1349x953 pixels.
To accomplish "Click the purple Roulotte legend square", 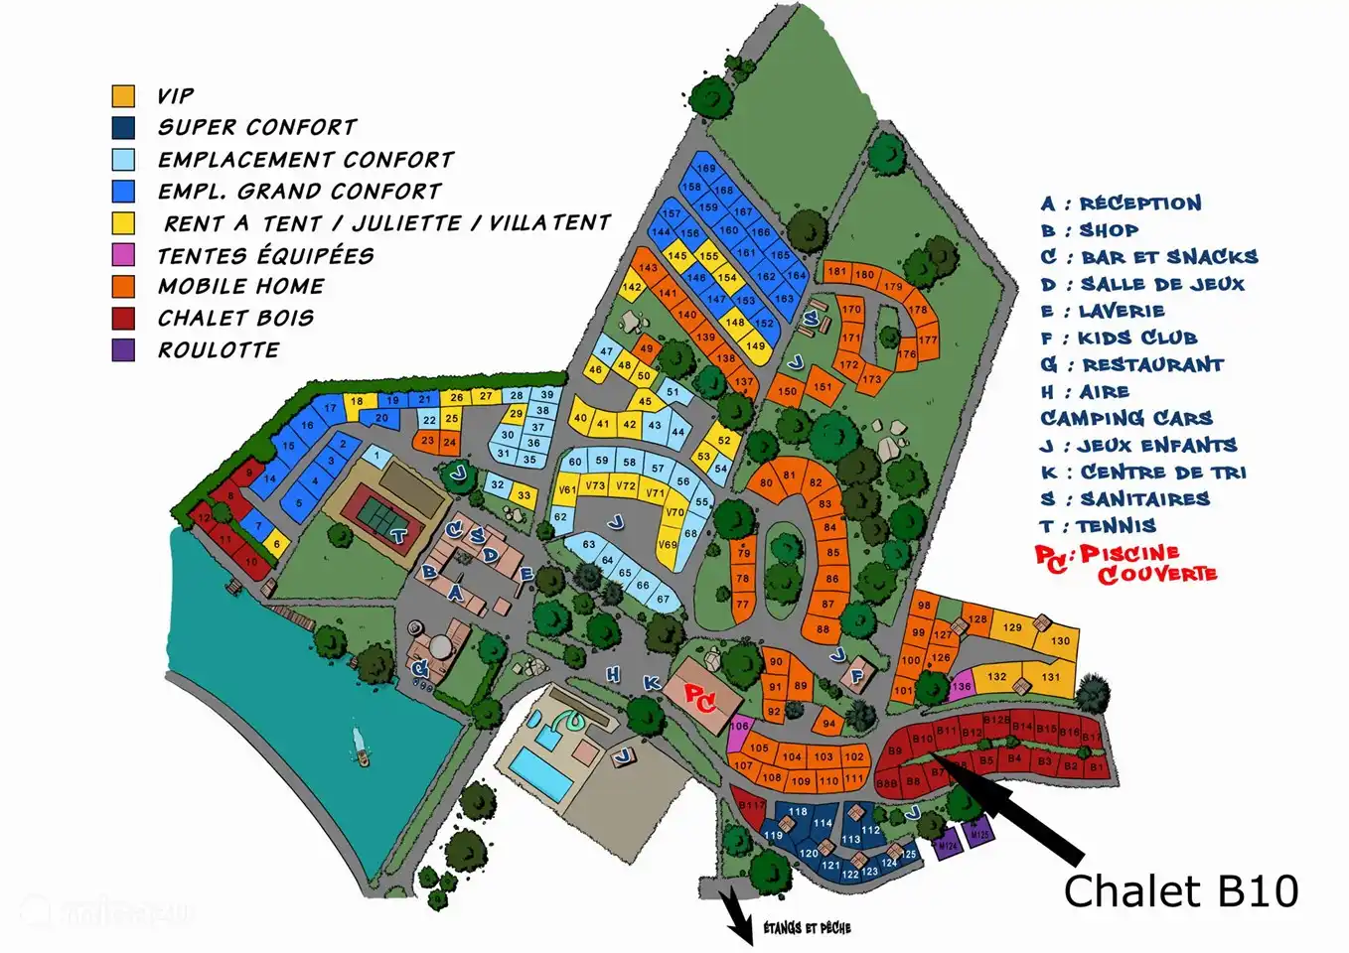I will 123,349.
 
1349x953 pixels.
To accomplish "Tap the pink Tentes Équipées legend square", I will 123,254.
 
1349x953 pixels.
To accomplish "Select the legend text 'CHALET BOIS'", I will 235,318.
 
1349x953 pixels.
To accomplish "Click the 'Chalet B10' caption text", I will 1180,891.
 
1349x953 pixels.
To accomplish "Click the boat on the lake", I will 361,747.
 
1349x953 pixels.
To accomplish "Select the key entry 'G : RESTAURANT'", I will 1131,364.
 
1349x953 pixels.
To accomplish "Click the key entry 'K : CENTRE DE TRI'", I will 1142,472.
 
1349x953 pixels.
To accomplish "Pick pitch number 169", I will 705,169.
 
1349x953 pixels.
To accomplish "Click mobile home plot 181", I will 837,272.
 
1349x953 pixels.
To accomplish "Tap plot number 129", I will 1011,627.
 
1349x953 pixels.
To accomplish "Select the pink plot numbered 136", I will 961,686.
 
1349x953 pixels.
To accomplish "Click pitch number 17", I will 331,408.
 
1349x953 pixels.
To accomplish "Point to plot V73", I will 595,486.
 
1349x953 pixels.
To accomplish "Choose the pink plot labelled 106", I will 738,727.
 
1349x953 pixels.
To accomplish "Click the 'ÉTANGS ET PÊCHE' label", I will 807,928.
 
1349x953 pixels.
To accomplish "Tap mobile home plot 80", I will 766,483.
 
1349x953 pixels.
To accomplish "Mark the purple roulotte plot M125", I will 978,835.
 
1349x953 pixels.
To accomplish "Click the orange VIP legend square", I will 123,96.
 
